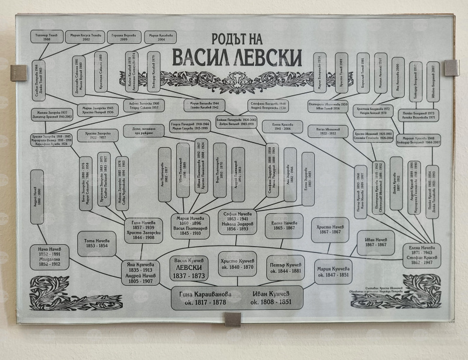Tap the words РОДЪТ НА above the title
(238, 36)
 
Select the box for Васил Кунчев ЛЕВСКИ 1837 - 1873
(188, 267)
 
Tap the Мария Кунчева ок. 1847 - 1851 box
(333, 271)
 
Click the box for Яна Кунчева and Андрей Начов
(141, 273)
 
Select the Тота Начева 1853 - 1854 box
(97, 243)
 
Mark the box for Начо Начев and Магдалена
(49, 257)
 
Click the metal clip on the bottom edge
(233, 319)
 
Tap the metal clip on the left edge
(19, 73)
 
